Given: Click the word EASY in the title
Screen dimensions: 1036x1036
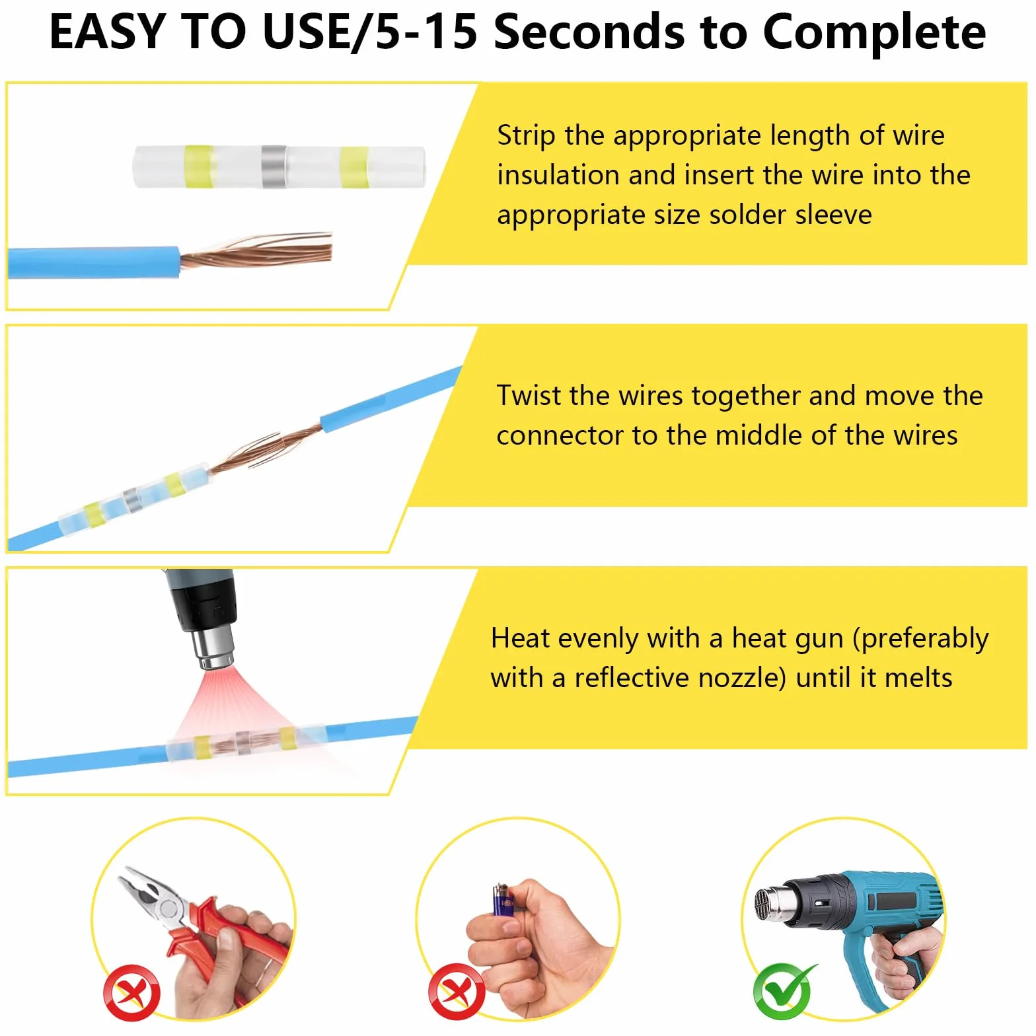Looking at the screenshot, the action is tap(106, 31).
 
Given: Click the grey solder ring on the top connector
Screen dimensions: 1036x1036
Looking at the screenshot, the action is tap(273, 166).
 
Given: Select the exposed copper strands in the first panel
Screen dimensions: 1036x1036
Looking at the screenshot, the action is tap(256, 250).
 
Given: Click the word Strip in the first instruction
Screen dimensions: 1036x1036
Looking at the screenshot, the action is tap(526, 136).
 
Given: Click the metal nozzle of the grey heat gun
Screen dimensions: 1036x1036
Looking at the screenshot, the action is tap(213, 648).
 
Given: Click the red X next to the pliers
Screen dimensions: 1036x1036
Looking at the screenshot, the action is tap(131, 992).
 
